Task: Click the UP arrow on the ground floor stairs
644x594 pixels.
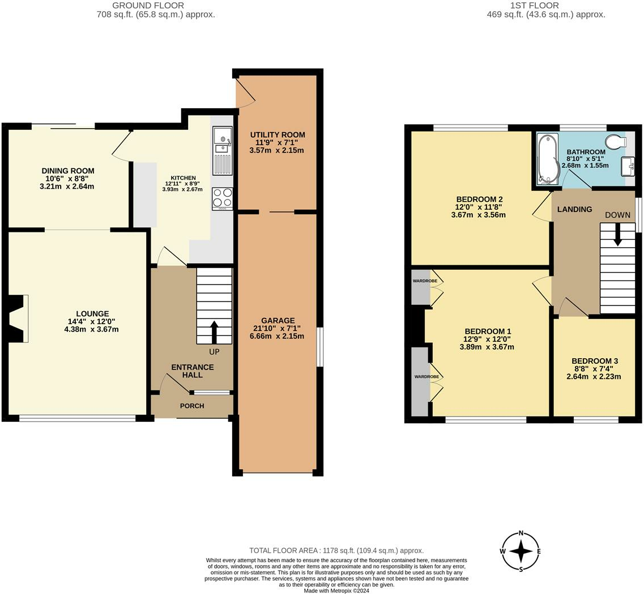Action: coord(214,333)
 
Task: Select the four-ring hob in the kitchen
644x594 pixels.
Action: coord(222,199)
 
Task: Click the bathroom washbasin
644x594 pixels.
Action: coord(628,166)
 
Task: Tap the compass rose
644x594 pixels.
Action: coord(521,551)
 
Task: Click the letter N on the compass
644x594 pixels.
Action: coord(521,533)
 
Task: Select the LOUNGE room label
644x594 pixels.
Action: coord(92,313)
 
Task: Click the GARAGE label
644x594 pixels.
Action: coord(278,320)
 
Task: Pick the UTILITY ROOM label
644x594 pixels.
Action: coord(278,134)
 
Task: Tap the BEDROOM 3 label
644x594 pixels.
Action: coord(595,361)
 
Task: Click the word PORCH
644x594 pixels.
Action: coord(192,406)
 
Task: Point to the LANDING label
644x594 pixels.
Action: coord(574,209)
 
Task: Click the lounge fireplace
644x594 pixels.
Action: coord(18,318)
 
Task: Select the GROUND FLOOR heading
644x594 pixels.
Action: coord(148,5)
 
